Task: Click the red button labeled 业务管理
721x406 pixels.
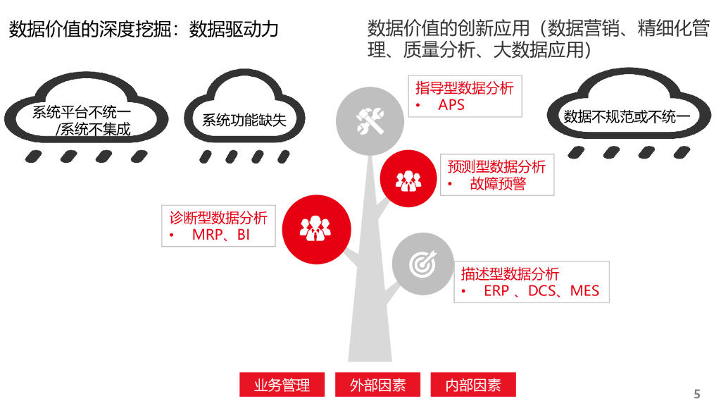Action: point(282,385)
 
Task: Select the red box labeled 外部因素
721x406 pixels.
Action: point(377,385)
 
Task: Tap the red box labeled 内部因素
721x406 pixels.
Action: point(473,385)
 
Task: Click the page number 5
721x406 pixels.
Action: point(697,394)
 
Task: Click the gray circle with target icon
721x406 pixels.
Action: point(423,263)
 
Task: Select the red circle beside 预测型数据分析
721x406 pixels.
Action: point(409,179)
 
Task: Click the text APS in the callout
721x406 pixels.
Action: point(451,105)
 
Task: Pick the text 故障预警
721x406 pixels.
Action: point(498,185)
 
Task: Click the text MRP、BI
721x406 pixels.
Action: point(221,235)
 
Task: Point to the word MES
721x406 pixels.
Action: point(585,290)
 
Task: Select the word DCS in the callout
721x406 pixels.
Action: point(542,290)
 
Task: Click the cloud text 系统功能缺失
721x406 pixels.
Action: point(244,121)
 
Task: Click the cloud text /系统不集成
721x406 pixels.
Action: point(94,130)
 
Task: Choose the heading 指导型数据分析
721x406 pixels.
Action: point(465,87)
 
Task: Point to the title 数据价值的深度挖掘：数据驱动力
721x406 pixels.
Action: point(144,30)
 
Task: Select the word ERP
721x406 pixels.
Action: point(496,290)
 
